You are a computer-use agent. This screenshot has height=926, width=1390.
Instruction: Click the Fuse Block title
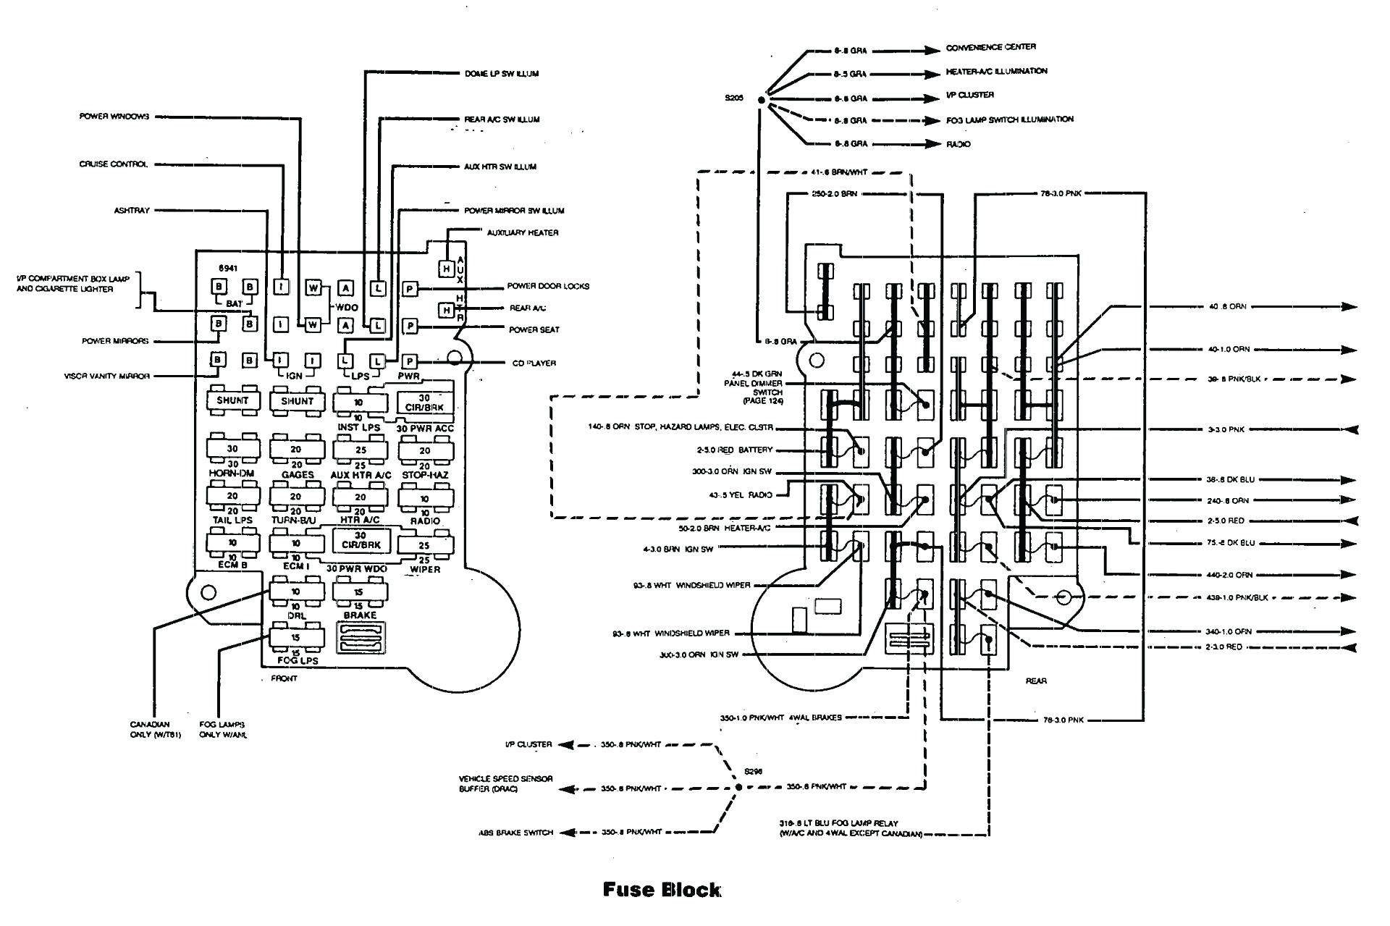(x=662, y=890)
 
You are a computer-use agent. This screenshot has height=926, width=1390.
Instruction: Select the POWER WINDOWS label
(x=114, y=117)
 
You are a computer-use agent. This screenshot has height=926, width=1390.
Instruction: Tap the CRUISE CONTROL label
(x=114, y=164)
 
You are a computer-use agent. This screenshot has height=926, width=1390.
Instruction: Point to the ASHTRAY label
(x=131, y=211)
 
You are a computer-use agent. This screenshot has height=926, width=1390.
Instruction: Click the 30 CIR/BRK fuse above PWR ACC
(x=424, y=403)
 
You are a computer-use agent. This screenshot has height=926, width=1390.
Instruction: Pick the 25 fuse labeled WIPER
(x=424, y=545)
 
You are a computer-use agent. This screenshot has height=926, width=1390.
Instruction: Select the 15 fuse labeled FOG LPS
(x=296, y=638)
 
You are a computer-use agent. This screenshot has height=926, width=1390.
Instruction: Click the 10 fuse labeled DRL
(x=296, y=592)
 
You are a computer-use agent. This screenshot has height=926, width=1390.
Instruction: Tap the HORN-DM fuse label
(x=232, y=473)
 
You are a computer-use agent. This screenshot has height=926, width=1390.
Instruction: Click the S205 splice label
(x=734, y=98)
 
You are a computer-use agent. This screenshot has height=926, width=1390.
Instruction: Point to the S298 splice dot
(x=738, y=786)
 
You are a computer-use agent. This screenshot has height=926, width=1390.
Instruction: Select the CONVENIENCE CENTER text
(x=990, y=48)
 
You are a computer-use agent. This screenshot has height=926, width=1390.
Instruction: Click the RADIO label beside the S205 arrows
(x=958, y=145)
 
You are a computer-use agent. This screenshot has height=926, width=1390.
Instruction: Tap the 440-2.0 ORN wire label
(x=1229, y=575)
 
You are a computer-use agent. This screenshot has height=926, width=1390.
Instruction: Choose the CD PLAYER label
(x=534, y=363)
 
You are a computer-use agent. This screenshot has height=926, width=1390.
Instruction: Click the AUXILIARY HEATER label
(x=522, y=233)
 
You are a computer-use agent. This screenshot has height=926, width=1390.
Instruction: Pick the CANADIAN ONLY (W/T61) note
(x=155, y=730)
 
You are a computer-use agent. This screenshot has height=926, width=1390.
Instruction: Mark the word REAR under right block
(x=1036, y=681)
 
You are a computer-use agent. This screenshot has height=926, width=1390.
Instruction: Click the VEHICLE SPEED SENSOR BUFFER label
(x=505, y=783)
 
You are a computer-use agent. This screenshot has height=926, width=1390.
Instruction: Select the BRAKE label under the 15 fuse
(x=360, y=615)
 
